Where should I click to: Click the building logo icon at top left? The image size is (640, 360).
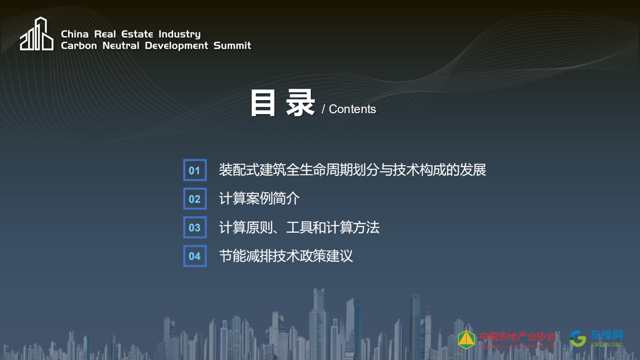(37, 34)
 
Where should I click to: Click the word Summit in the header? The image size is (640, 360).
(232, 46)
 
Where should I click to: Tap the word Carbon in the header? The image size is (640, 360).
(79, 46)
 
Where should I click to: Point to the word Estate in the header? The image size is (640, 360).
(137, 34)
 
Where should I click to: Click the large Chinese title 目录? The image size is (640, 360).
(282, 103)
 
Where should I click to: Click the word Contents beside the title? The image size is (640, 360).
(352, 109)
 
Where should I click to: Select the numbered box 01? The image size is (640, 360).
(195, 170)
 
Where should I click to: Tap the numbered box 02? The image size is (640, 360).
(195, 199)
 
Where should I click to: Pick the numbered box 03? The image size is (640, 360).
(195, 227)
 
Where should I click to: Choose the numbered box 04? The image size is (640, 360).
(195, 256)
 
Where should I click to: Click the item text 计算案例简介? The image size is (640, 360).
(259, 199)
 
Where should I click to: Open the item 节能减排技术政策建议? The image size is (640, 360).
(286, 256)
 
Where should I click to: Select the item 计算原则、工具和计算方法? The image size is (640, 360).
(299, 227)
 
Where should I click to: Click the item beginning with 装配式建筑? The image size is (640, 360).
(352, 170)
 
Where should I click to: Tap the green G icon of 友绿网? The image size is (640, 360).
(578, 338)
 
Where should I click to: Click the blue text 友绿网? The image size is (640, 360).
(606, 335)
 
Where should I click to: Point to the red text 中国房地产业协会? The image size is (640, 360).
(517, 336)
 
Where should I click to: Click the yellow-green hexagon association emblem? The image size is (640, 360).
(466, 339)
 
